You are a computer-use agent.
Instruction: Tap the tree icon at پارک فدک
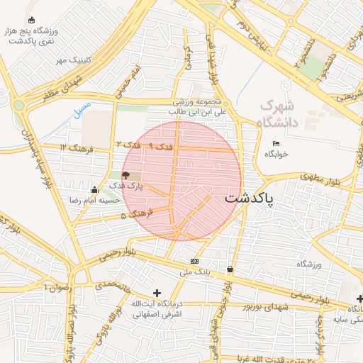pos(125,174)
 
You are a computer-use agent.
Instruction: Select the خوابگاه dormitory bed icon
pos(276,144)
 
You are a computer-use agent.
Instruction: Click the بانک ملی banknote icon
pos(194,261)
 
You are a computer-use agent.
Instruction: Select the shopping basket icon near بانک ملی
pos(230,269)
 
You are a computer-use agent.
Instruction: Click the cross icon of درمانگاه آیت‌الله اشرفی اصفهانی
pos(157,293)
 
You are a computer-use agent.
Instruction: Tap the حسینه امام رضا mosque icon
pos(95,189)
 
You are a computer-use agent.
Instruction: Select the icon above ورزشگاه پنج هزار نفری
pos(30,20)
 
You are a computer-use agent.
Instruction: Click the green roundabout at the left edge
pos(18,106)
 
